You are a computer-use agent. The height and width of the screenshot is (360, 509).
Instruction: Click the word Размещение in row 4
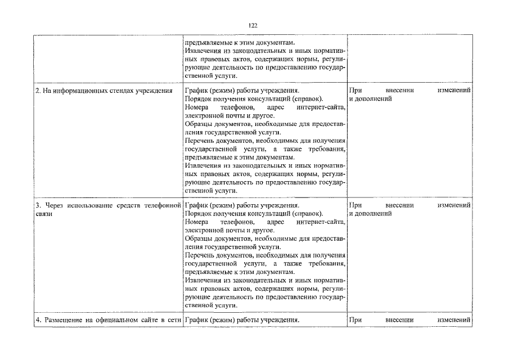tap(61, 321)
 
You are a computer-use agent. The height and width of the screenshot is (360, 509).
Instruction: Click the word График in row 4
tap(195, 321)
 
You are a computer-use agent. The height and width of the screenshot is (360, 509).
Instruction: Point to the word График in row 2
tap(195, 91)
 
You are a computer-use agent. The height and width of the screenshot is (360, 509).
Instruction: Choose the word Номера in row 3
tap(196, 222)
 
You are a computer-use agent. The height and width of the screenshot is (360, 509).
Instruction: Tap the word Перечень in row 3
tap(200, 255)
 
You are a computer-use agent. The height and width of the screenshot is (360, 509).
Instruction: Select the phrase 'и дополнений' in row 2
tap(371, 98)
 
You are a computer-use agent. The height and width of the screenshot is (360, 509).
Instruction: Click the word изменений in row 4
tap(453, 321)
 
